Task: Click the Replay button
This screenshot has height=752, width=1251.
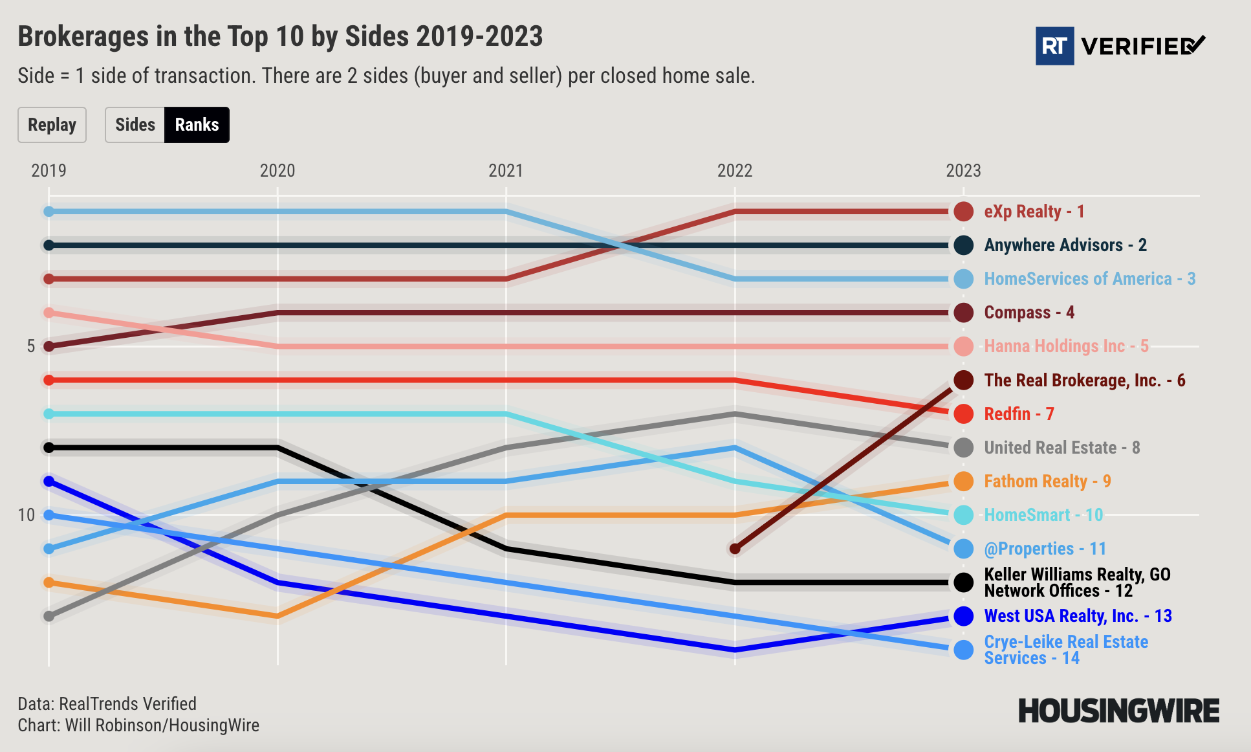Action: coord(52,125)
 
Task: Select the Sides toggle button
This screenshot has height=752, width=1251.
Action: coord(135,125)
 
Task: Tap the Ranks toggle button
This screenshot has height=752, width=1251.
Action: coord(197,125)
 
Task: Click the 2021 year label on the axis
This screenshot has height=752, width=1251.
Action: coord(506,171)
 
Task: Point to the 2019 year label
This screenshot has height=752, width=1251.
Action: coord(49,171)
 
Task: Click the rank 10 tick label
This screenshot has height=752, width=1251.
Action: coord(26,515)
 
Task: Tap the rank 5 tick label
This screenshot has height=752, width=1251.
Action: coord(30,346)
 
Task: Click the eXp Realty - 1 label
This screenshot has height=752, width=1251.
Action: coord(1034,212)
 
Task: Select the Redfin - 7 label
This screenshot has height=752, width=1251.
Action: coord(1019,414)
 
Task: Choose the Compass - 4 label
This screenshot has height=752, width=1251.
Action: coord(1028,313)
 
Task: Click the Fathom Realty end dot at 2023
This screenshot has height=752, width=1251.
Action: coord(964,481)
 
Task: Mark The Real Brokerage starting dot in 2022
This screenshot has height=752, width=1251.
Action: coord(735,549)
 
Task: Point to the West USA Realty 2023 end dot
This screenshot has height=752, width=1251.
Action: coord(964,616)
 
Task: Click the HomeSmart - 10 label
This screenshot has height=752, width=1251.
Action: coord(1043,515)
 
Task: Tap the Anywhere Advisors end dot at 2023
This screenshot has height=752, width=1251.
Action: coord(964,245)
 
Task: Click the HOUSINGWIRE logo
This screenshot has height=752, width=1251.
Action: coord(1118,711)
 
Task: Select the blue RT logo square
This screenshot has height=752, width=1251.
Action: coord(1054,46)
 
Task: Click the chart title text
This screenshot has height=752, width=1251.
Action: coord(280,36)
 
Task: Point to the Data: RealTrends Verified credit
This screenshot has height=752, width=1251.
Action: coord(107,703)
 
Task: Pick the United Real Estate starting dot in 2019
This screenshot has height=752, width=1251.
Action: coord(49,616)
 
